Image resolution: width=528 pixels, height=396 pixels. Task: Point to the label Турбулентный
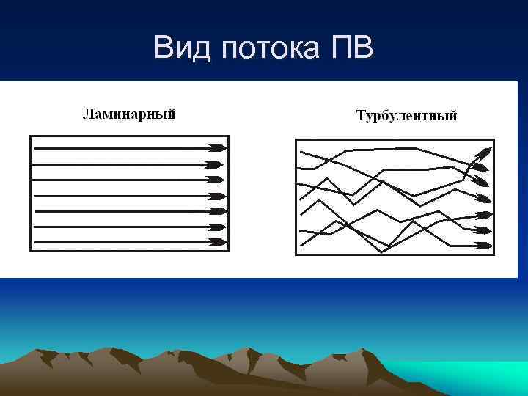click(x=406, y=116)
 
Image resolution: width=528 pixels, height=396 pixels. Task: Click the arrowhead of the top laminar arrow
click(x=217, y=147)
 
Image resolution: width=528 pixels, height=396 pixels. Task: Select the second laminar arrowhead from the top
click(x=217, y=164)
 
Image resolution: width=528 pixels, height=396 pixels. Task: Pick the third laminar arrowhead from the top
click(x=217, y=180)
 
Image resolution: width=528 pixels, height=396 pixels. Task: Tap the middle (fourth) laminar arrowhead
click(x=217, y=196)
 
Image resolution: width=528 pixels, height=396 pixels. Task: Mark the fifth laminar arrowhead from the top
click(x=217, y=211)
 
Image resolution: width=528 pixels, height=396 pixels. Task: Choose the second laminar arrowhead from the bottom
click(x=217, y=227)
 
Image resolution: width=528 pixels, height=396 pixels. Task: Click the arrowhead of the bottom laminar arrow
click(x=217, y=242)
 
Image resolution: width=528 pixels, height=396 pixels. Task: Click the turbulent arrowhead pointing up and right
click(x=485, y=153)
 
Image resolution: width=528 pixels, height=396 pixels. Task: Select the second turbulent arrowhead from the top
click(x=480, y=167)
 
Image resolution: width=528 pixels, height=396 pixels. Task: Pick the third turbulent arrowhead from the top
click(x=481, y=182)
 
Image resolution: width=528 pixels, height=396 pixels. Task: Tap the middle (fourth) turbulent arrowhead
click(x=483, y=198)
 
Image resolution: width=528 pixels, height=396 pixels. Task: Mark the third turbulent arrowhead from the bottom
click(x=484, y=216)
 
